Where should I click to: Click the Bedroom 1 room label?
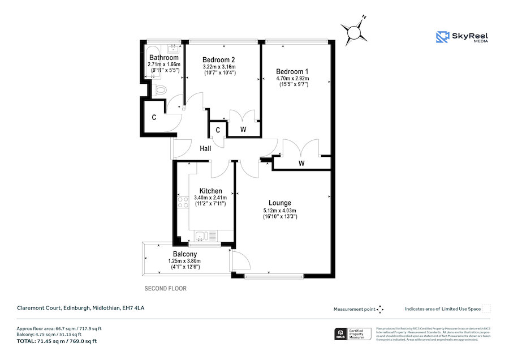coord(292,71)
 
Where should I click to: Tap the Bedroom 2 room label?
coord(218,60)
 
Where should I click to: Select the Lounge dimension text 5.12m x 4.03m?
coord(280,210)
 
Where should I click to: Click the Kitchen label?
coord(210,191)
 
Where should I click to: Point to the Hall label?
coord(205,148)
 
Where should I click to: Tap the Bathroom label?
coord(163,58)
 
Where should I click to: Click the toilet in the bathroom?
coord(160,89)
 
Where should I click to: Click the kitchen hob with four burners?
coord(183,203)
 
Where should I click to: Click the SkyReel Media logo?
coord(462,37)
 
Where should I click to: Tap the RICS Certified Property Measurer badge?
coord(350,333)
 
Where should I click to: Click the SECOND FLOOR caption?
coord(165,289)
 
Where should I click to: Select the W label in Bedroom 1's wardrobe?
coord(301,164)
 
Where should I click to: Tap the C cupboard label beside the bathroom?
coord(153,118)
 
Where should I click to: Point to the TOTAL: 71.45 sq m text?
coord(56,341)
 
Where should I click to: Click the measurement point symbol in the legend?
coord(381,309)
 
